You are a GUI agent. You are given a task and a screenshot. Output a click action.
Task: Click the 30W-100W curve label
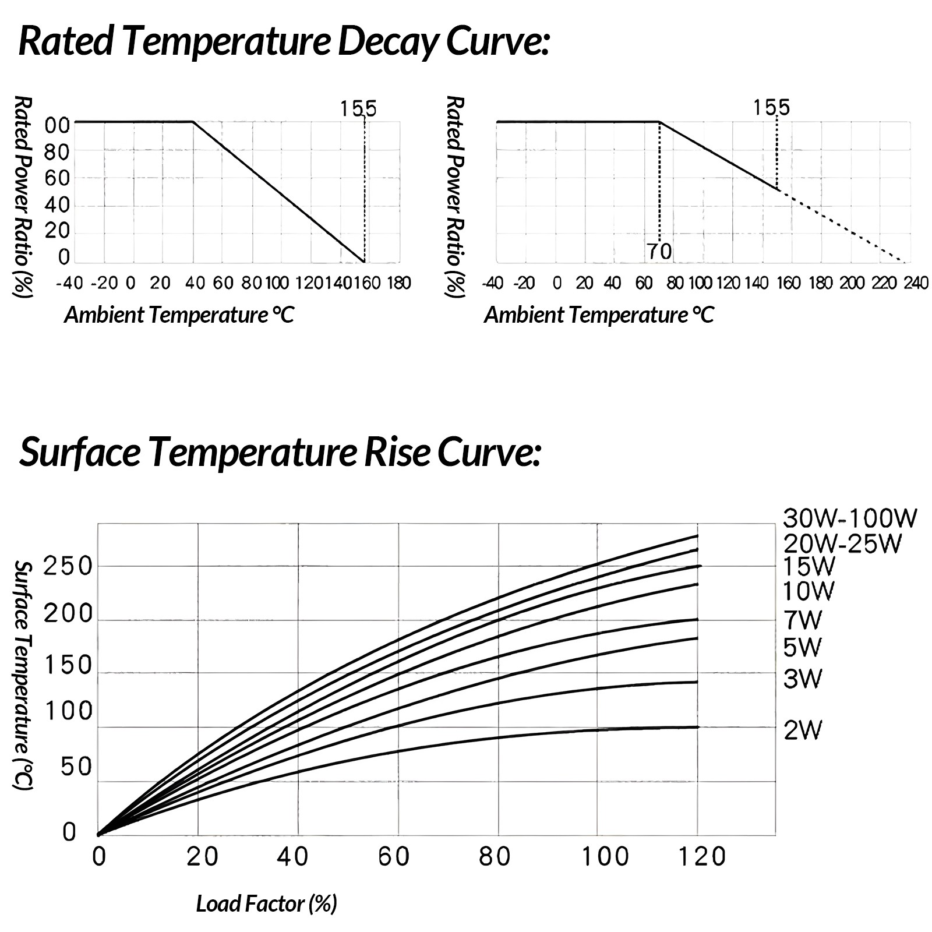pyautogui.click(x=850, y=518)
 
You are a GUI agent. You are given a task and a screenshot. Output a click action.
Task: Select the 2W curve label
pyautogui.click(x=802, y=730)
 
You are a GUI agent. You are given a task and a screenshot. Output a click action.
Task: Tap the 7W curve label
pyautogui.click(x=802, y=620)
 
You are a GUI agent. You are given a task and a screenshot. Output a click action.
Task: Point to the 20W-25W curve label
pyautogui.click(x=842, y=543)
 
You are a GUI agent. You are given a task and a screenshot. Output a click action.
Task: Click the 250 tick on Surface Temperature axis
pyautogui.click(x=68, y=566)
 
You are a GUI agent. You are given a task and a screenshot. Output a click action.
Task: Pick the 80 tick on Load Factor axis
pyautogui.click(x=495, y=857)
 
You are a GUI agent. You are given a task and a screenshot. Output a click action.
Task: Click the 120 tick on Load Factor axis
pyautogui.click(x=702, y=857)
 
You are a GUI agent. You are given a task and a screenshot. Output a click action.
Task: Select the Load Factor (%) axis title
pyautogui.click(x=267, y=903)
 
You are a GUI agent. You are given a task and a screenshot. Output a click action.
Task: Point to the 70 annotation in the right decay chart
pyautogui.click(x=659, y=252)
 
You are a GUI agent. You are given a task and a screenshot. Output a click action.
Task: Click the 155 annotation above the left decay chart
pyautogui.click(x=358, y=109)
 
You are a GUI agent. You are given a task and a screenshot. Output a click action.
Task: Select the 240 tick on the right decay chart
pyautogui.click(x=915, y=283)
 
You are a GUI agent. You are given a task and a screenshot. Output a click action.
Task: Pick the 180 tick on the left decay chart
pyautogui.click(x=399, y=283)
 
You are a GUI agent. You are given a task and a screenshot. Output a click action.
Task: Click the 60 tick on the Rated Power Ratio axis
pyautogui.click(x=57, y=178)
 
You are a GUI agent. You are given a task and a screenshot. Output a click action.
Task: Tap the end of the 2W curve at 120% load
pyautogui.click(x=697, y=727)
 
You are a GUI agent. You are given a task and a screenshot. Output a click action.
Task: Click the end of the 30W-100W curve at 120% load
pyautogui.click(x=697, y=536)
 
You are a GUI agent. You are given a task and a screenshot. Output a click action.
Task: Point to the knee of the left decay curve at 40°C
pyautogui.click(x=193, y=122)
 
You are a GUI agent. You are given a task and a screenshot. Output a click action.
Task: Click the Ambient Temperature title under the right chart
pyautogui.click(x=599, y=315)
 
